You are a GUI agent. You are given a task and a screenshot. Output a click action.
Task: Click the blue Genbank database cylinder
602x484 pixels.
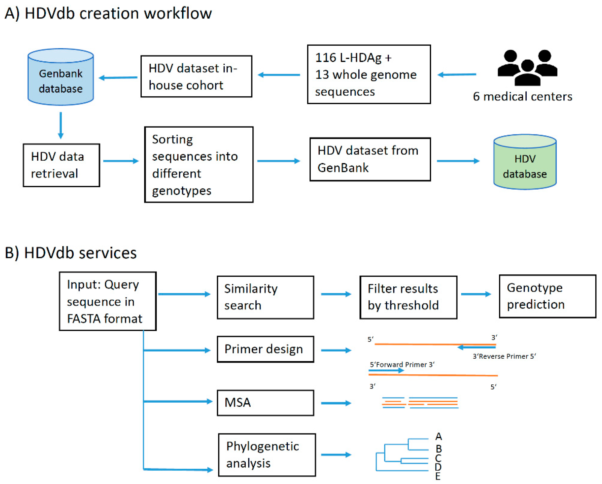(61, 77)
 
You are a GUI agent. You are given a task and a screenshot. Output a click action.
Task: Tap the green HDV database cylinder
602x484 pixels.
(525, 162)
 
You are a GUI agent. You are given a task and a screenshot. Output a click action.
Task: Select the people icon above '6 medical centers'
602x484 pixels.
(527, 68)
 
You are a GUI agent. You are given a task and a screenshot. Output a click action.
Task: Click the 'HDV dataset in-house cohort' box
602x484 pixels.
(196, 76)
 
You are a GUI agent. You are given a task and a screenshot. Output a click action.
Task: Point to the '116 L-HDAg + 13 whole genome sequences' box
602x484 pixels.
(369, 74)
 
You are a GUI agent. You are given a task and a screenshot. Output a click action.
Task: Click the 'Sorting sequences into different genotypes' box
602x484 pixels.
(199, 164)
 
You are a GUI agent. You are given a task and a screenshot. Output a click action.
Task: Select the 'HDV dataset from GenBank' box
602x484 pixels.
(370, 159)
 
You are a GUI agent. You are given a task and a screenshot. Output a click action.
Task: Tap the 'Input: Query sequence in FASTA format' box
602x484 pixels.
(108, 301)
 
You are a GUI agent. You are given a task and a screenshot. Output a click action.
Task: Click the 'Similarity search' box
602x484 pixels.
(266, 298)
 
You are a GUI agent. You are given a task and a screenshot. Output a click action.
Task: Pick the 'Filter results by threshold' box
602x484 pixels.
(408, 298)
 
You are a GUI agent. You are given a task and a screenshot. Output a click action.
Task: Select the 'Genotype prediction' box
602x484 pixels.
(548, 296)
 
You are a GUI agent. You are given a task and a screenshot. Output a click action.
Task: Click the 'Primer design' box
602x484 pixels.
(266, 349)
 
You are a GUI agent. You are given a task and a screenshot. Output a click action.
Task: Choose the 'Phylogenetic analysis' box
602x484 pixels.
(267, 455)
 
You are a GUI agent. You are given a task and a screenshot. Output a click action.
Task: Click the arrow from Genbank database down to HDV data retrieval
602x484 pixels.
(61, 125)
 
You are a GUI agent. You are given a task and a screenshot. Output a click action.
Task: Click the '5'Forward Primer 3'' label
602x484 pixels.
(402, 365)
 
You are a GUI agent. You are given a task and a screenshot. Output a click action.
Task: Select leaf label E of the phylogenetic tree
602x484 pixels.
(438, 476)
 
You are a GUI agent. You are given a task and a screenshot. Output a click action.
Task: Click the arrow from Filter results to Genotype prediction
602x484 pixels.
(476, 294)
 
